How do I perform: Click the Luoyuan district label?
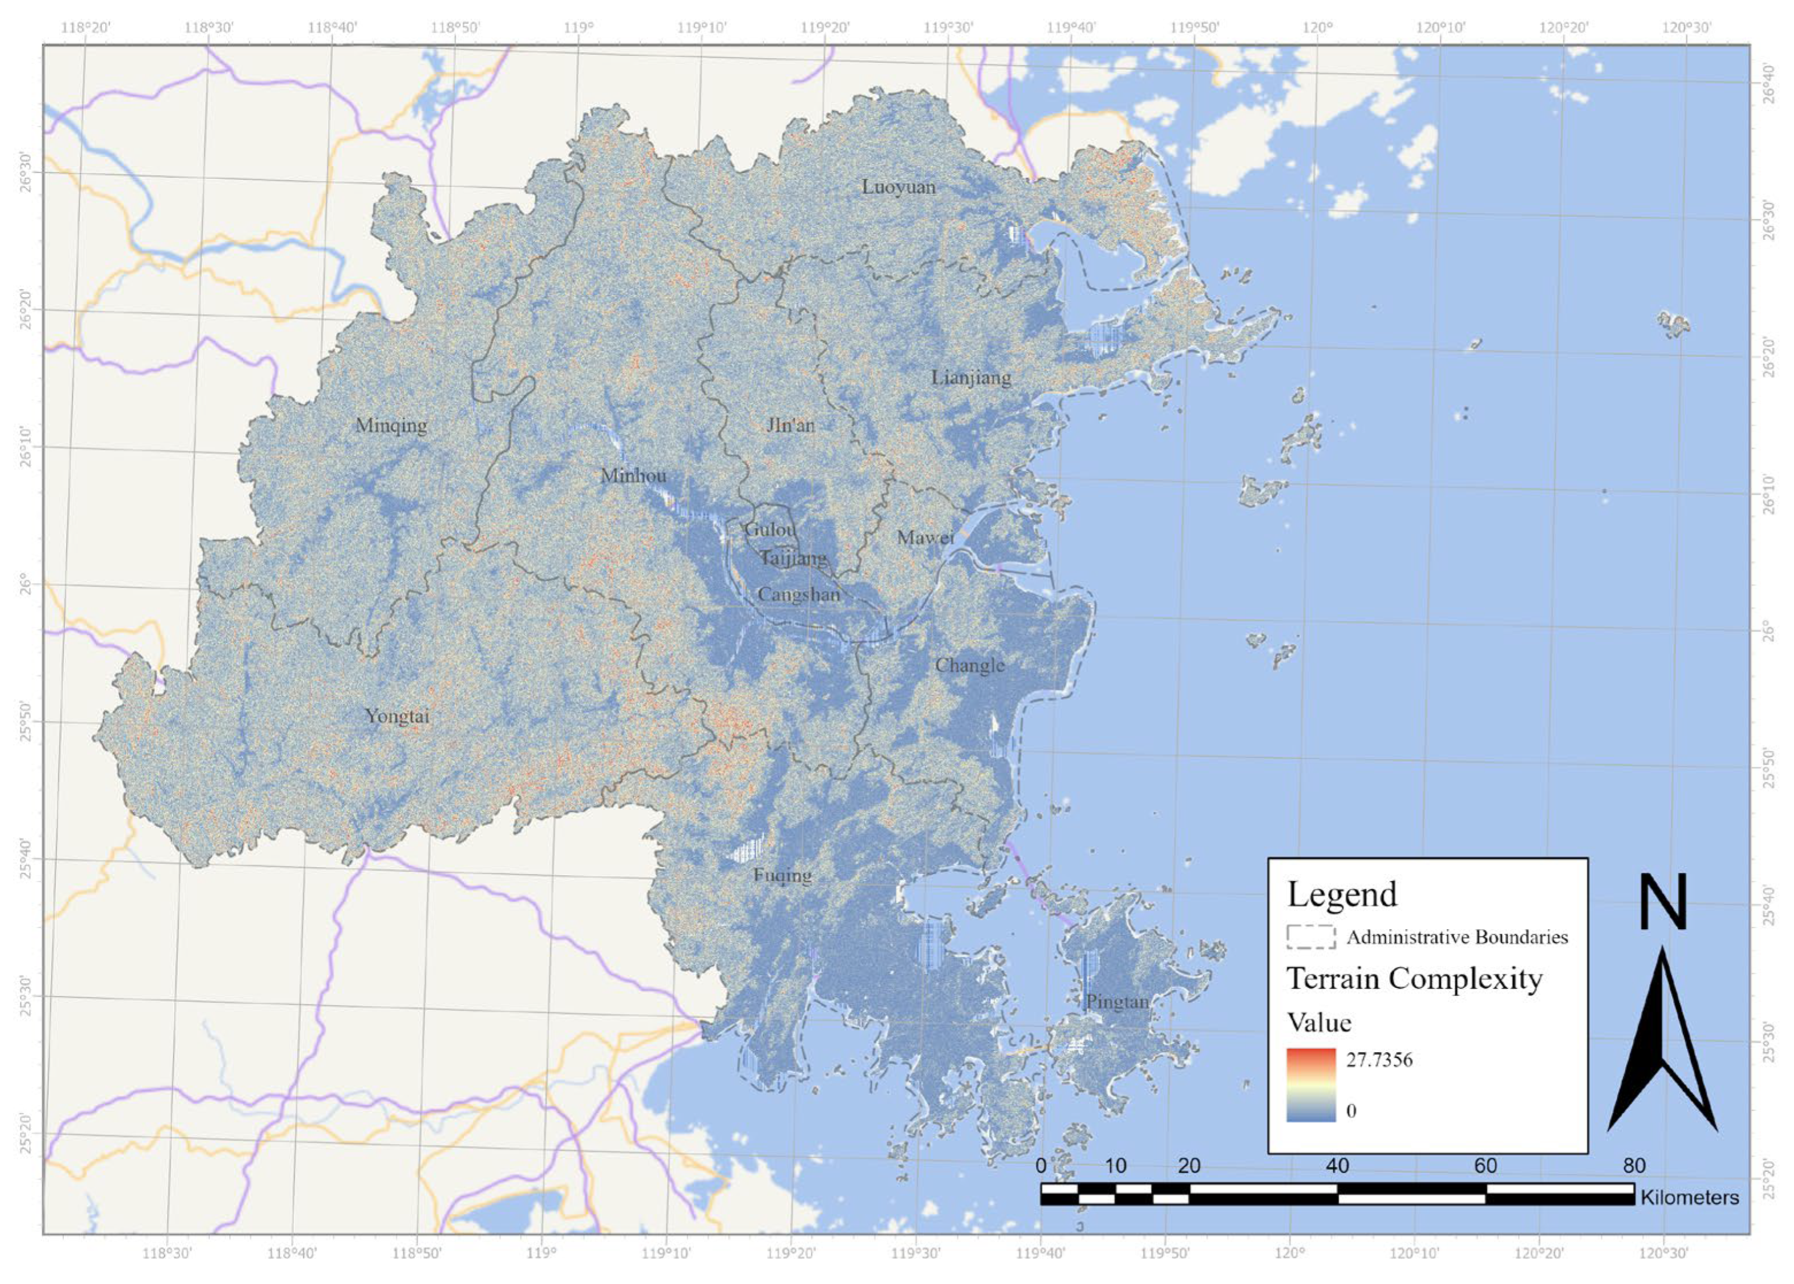pos(898,188)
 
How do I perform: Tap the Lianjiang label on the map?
pos(971,378)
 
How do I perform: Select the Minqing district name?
pos(391,425)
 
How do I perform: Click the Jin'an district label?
pos(790,425)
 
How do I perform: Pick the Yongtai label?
pos(397,716)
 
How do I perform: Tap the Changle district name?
pos(969,666)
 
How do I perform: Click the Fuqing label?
pos(782,876)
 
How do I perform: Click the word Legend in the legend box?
pos(1342,895)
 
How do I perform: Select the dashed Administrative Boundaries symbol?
pos(1311,937)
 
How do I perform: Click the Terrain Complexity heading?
pos(1415,979)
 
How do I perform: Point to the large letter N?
pos(1663,902)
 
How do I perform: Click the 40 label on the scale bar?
pos(1337,1166)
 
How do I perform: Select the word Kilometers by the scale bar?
pos(1689,1197)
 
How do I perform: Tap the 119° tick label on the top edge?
pos(579,28)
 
